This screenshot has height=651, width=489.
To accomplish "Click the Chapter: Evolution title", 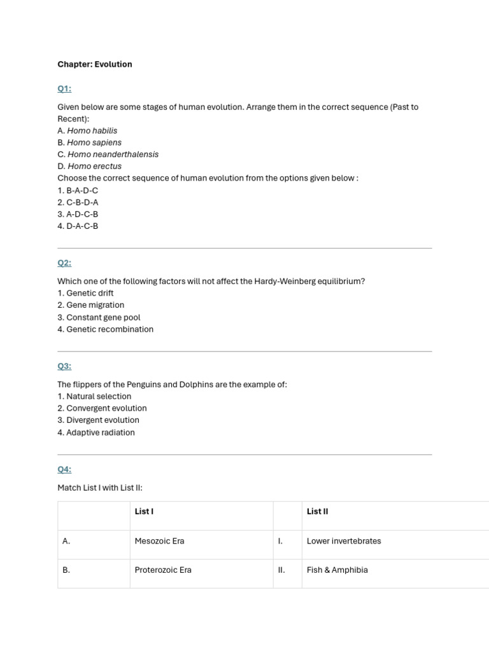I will pos(95,64).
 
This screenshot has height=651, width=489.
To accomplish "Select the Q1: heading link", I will pos(64,88).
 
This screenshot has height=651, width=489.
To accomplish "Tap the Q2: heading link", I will pos(64,263).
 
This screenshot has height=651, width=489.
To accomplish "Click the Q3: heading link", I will pos(64,366).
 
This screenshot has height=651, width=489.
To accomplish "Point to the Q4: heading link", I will pos(64,469).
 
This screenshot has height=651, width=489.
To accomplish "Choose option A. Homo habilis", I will pos(87,130).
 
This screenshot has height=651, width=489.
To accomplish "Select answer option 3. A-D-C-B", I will pos(78,214).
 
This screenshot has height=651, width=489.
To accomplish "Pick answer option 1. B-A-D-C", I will pos(78,190).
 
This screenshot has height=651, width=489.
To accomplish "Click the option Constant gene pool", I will pos(99,317).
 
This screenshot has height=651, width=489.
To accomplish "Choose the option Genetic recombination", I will pos(105,329).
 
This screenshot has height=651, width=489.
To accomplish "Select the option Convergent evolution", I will pos(102,408).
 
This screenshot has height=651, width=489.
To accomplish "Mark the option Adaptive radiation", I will pos(96,432).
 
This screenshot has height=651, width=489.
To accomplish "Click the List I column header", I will pos(144,511).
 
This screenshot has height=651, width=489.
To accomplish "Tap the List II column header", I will pos(317,511).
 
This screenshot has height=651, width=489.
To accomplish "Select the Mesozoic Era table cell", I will pos(159,541).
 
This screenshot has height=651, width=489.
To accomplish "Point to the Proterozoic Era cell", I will pos(163,570).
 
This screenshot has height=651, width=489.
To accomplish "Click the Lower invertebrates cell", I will pos(344,541).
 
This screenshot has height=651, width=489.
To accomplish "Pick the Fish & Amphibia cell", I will pos(337,570).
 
